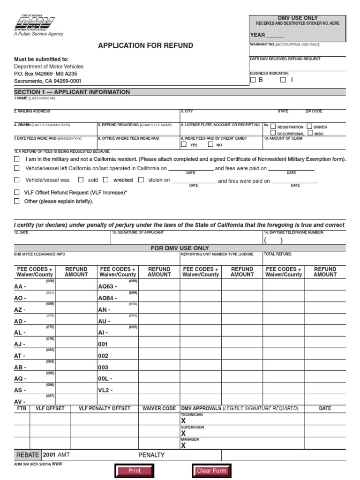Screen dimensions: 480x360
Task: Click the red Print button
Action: [x=134, y=471]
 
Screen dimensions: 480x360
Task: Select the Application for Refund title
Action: [x=145, y=45]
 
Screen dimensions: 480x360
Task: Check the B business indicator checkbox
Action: [x=253, y=80]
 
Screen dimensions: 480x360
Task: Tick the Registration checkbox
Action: [x=273, y=127]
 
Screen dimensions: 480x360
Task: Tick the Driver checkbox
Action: [x=309, y=127]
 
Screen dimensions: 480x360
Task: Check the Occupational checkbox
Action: [x=273, y=133]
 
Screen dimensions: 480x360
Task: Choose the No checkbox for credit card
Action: [x=210, y=145]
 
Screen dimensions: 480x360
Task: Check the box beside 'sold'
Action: [x=81, y=180]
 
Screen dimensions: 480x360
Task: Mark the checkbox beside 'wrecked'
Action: [x=105, y=180]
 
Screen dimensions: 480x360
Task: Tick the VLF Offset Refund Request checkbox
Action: [x=17, y=192]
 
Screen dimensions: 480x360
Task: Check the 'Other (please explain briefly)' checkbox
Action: [x=17, y=201]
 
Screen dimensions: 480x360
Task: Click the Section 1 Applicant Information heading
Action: [x=72, y=92]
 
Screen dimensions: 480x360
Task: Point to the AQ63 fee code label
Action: [x=107, y=286]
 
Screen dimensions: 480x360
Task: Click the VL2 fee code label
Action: [x=105, y=390]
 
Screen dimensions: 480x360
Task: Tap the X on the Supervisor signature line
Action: [x=183, y=434]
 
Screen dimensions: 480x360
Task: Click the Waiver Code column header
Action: [x=159, y=408]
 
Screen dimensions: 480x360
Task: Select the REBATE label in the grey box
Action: [x=28, y=455]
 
